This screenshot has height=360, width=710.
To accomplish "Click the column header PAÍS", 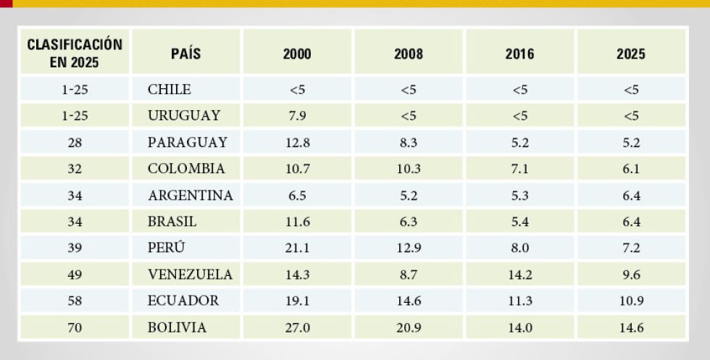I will (x=186, y=54).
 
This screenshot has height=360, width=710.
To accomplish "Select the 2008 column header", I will (x=409, y=54).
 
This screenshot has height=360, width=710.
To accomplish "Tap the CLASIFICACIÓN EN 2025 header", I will (x=75, y=54).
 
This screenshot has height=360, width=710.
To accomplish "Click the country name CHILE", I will (x=170, y=90).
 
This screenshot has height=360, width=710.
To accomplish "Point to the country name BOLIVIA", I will (x=177, y=327).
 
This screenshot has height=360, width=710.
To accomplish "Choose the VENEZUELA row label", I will (x=190, y=275).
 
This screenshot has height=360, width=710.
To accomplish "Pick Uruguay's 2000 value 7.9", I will (x=297, y=116).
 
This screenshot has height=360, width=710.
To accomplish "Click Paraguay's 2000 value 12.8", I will (x=297, y=143).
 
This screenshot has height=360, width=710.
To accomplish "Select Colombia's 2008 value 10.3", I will (x=409, y=169).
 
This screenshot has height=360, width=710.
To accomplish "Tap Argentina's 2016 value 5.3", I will (x=520, y=196).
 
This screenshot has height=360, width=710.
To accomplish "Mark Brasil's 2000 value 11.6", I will (x=297, y=222).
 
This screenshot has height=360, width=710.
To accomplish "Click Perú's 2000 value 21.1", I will (x=297, y=248).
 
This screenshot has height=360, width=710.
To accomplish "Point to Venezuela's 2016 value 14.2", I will (x=520, y=275).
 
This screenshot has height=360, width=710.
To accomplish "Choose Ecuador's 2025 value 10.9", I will (x=631, y=301).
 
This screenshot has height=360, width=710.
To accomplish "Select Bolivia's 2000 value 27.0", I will (x=297, y=327).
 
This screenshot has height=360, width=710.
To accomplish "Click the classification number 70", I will (x=75, y=327).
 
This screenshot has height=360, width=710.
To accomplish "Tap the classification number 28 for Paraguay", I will (x=75, y=143).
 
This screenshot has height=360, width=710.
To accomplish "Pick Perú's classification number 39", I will (x=75, y=248).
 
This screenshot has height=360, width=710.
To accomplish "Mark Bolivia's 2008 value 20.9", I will (x=409, y=327).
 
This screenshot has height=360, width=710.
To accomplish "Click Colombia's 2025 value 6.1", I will (x=631, y=169).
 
